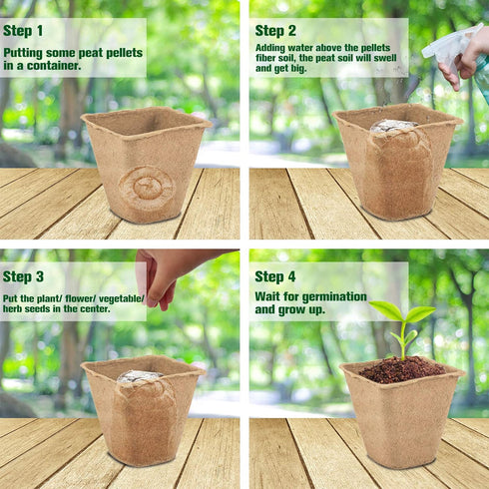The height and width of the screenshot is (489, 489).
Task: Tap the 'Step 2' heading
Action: tap(275, 31)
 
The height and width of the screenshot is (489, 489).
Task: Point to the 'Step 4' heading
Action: tap(275, 276)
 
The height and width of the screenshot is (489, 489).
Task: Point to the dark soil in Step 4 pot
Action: tap(401, 369)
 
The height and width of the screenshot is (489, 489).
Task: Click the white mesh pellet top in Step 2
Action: tap(394, 127)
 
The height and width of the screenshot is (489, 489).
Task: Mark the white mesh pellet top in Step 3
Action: tap(140, 377)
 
